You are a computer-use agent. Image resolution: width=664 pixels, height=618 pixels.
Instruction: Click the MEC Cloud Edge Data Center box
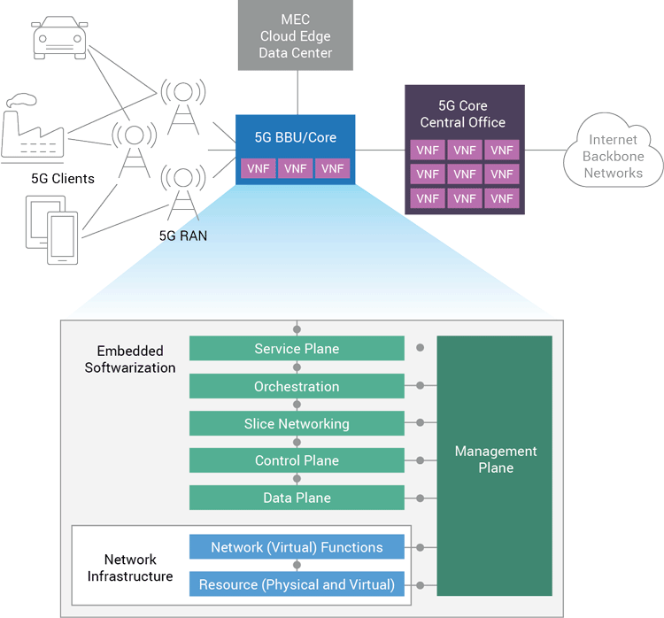coord(296,35)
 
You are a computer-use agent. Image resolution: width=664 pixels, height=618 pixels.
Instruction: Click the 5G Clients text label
coord(62,178)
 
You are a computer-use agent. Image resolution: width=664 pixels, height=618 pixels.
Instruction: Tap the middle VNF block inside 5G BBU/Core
coord(296,168)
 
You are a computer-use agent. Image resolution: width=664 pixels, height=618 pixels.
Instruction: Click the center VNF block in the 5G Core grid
coord(465,174)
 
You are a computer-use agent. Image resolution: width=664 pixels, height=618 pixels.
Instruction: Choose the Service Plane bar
coord(297,349)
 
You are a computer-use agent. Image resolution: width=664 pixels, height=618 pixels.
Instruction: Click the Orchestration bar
coord(297,386)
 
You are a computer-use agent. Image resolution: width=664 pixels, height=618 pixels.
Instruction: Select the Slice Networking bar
coord(297,423)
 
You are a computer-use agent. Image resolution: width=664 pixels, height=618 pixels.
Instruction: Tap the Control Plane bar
coord(297,460)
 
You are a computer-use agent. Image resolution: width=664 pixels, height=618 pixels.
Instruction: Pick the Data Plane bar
coord(297,498)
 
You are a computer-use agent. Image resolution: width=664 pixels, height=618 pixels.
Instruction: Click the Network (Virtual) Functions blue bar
coord(297,547)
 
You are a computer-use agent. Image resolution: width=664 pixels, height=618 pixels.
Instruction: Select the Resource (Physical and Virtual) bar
coord(297,584)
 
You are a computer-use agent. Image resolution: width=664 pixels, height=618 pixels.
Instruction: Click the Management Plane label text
coord(495,460)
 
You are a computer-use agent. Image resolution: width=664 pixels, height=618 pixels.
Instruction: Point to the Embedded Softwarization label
coord(130,359)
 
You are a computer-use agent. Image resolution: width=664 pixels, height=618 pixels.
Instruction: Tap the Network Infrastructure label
coord(130,568)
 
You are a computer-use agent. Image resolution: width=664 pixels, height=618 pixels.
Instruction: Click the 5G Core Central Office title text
coord(463,114)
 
